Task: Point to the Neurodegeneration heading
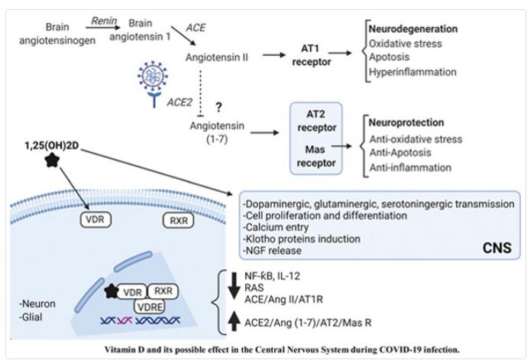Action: (x=412, y=28)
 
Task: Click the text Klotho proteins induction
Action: (x=292, y=239)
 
